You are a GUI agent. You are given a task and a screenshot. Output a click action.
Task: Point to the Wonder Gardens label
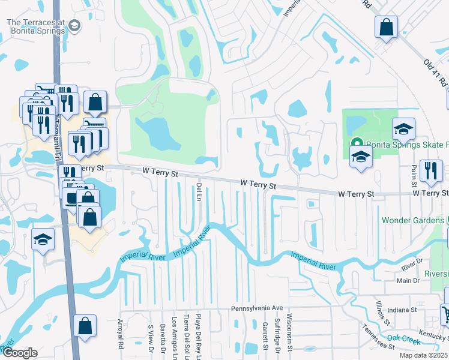tap(411, 220)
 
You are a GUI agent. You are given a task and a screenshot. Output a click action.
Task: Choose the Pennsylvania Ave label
tap(257, 308)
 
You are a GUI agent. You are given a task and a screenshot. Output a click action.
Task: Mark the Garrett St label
tap(264, 335)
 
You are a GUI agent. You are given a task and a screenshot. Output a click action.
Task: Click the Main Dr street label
tap(408, 280)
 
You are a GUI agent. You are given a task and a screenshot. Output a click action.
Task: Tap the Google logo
tap(20, 353)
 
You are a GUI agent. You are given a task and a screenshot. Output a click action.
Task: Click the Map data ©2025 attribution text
tap(423, 355)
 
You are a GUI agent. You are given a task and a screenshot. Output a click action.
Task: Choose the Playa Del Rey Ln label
tap(197, 338)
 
